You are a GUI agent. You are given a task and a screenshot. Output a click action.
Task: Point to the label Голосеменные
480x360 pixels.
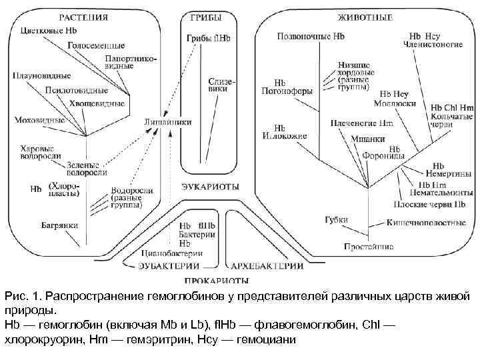(95, 45)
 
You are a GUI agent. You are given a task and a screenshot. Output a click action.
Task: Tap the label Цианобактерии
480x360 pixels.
(171, 253)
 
